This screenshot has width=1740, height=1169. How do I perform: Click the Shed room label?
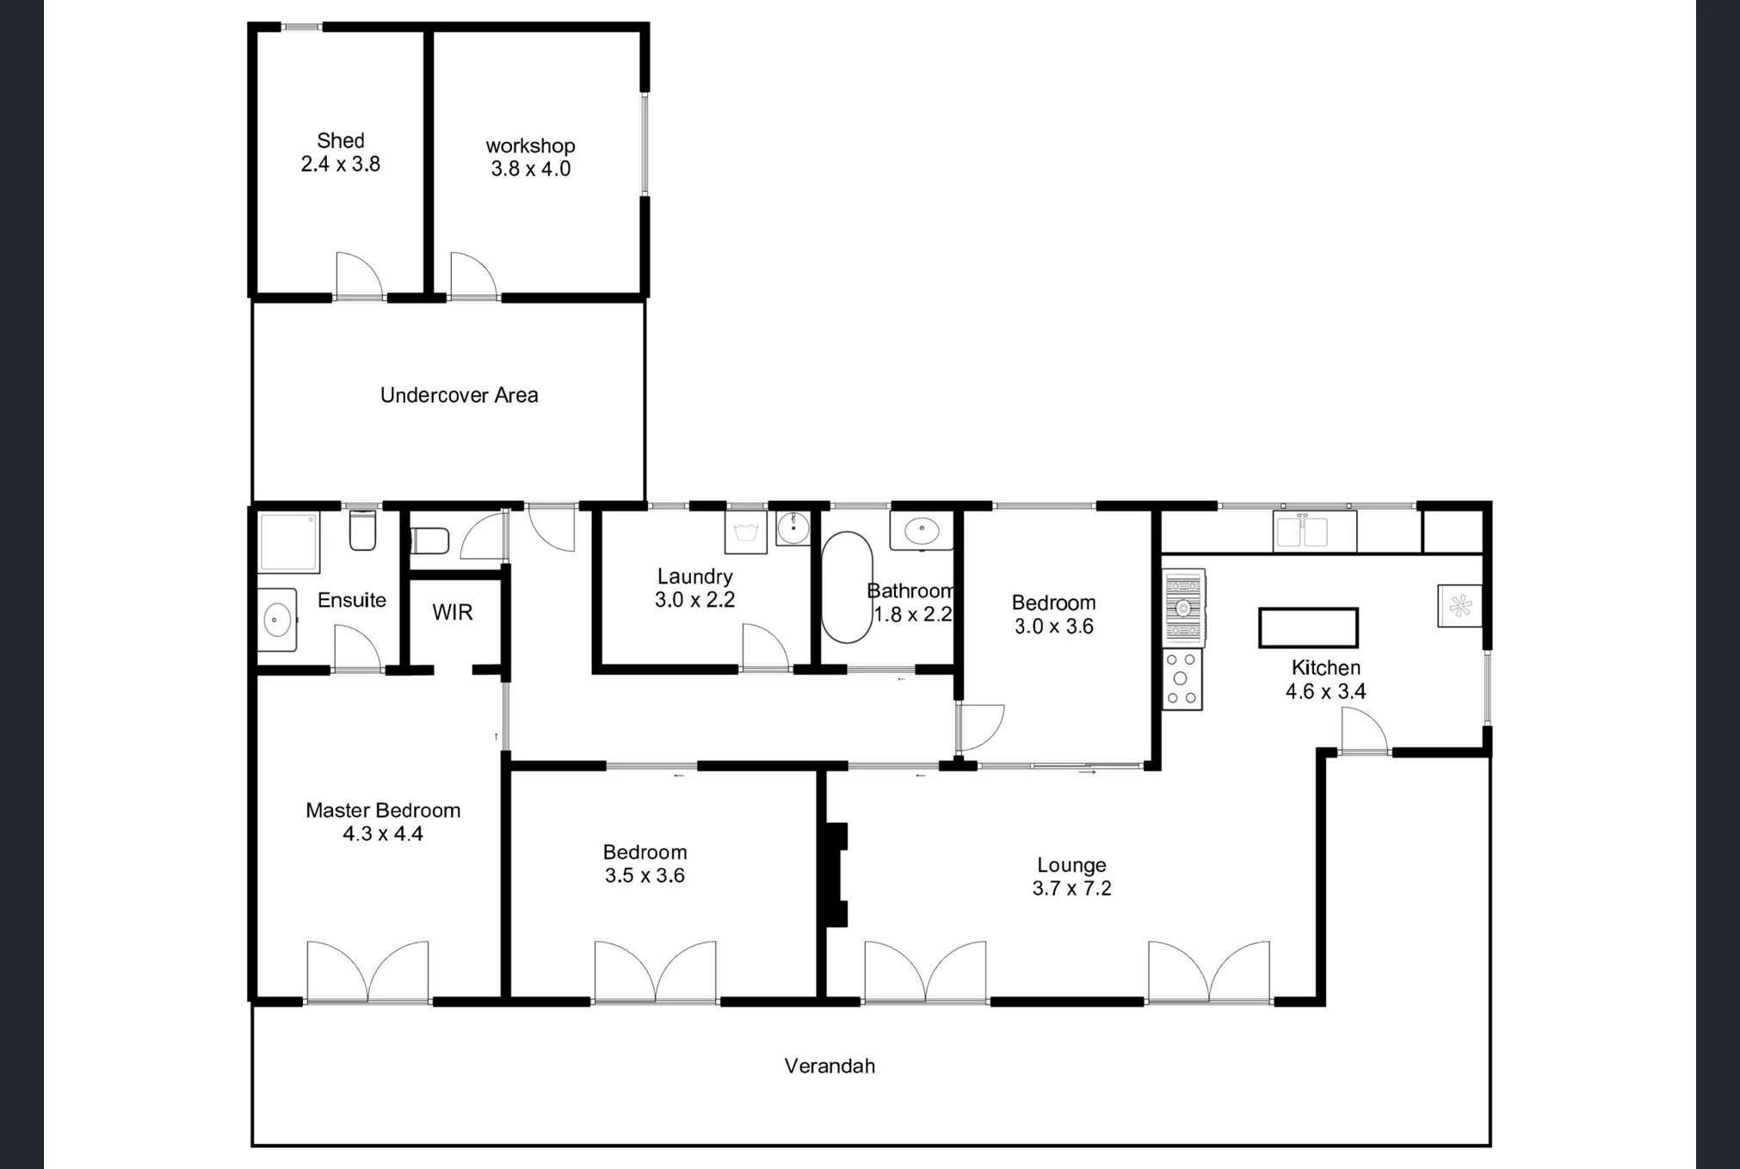point(341,140)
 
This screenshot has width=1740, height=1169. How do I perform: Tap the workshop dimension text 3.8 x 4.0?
point(531,169)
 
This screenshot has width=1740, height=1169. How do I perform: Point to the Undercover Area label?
point(460,395)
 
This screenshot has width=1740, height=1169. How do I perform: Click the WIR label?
point(453,612)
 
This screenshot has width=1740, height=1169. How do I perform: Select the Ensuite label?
point(352,600)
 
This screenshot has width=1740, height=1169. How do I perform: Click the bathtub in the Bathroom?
point(847,587)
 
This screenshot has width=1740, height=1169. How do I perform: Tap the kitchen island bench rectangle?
point(1308,628)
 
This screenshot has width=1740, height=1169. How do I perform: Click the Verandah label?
point(830,1066)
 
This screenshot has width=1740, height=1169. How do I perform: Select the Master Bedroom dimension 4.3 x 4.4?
point(383,833)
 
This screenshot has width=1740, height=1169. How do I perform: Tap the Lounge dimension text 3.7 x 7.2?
point(1072,888)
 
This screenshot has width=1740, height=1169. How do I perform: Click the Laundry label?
point(695,577)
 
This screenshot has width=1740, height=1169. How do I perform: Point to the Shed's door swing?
point(359,275)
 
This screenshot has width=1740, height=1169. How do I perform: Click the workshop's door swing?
point(474,275)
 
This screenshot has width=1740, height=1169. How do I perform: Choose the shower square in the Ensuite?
point(289,542)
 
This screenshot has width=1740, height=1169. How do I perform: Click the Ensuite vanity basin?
point(277,619)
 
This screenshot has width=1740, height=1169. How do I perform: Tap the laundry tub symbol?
point(745,532)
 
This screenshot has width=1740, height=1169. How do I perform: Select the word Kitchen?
point(1326,667)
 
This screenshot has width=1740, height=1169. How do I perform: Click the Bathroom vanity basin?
point(922,529)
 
